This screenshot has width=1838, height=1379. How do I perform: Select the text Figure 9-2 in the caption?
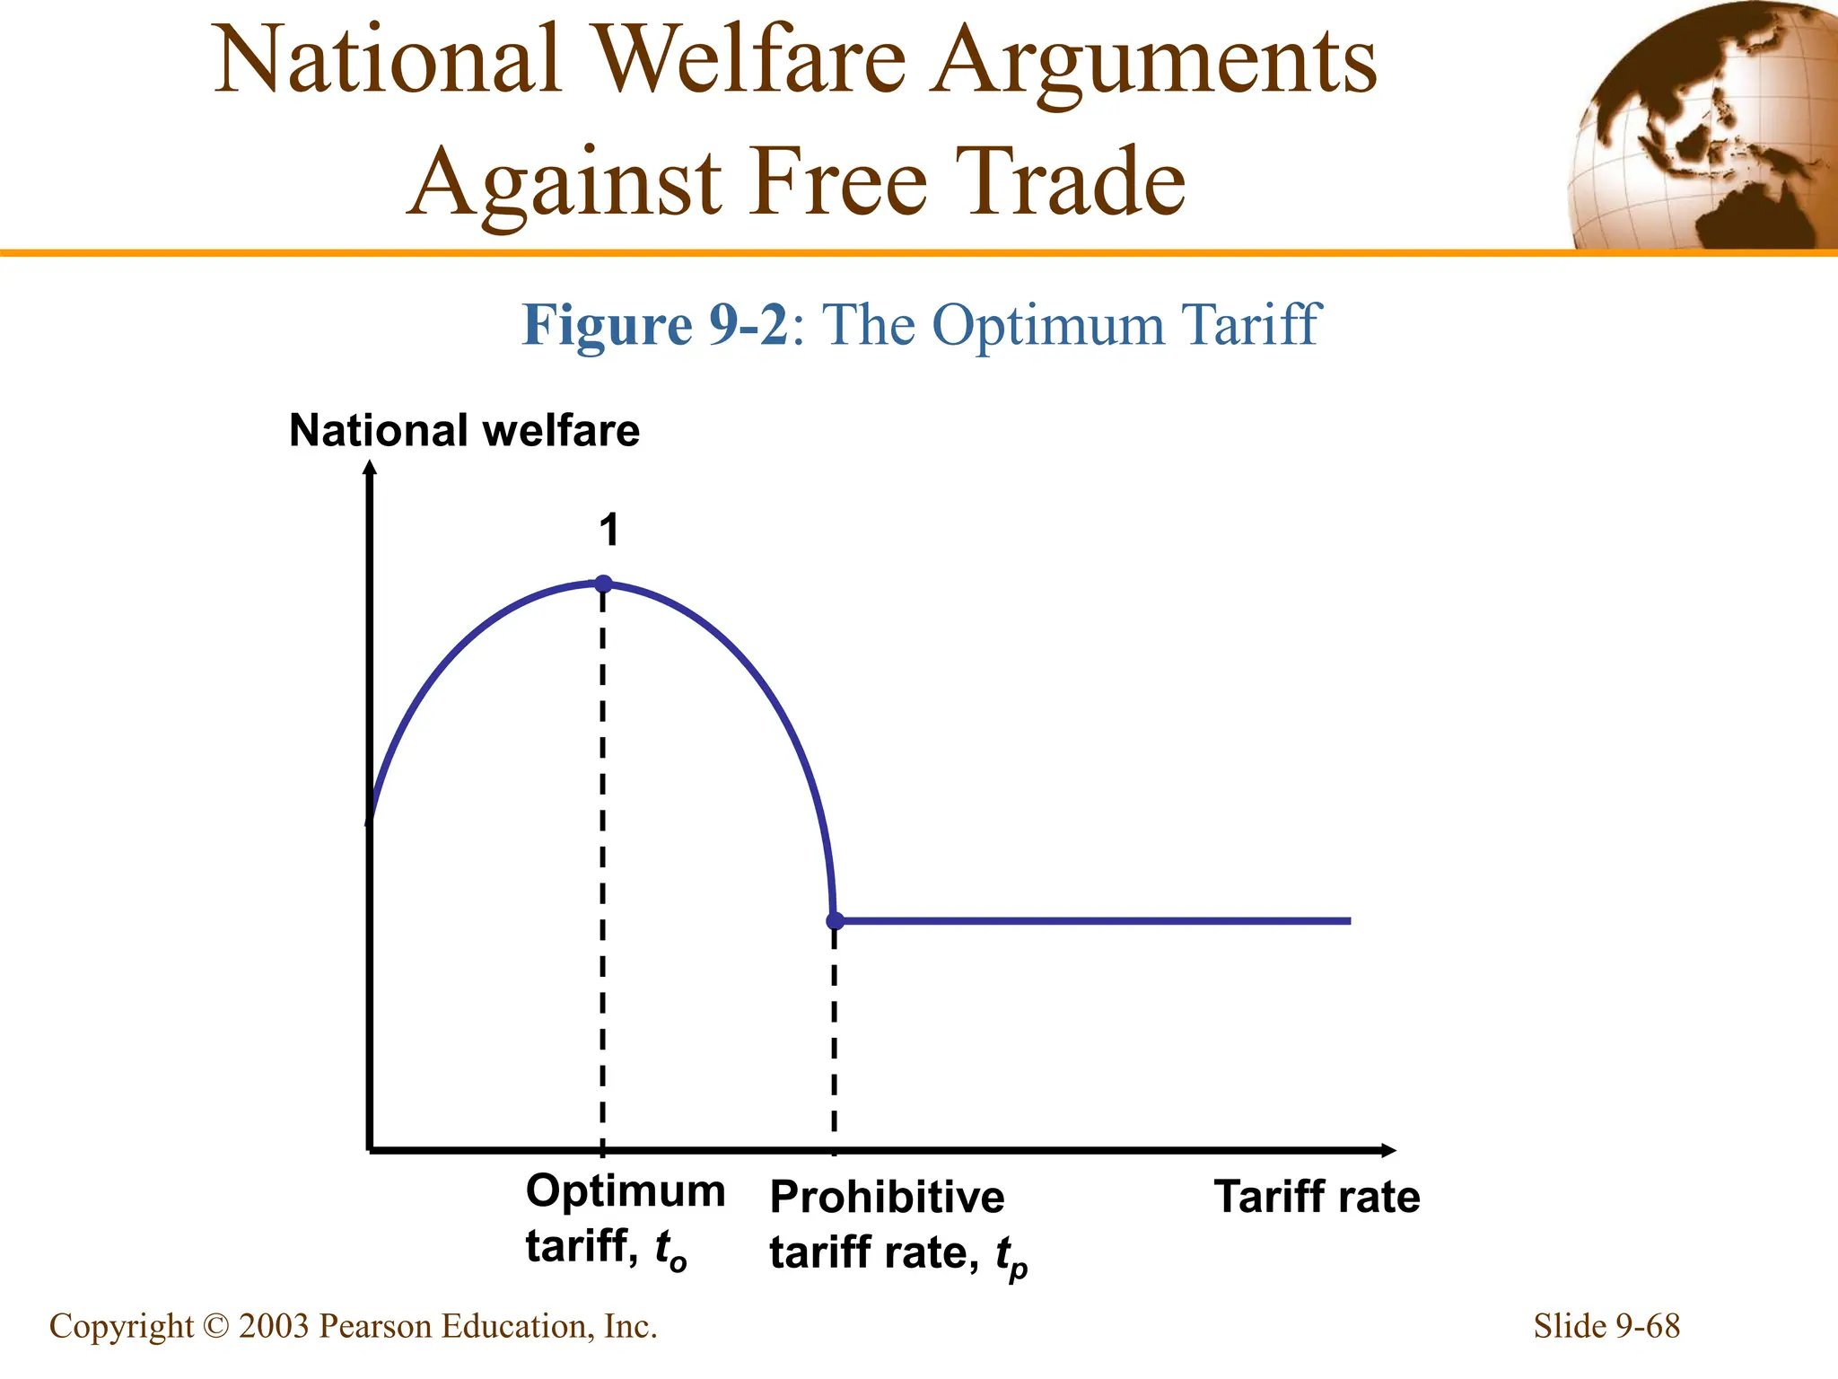click(x=654, y=325)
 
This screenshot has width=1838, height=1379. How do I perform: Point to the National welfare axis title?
click(x=464, y=431)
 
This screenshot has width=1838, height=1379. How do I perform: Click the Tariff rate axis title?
click(x=1317, y=1198)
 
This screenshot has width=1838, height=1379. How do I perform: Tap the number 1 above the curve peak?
click(x=609, y=530)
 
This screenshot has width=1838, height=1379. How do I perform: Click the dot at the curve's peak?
click(x=604, y=584)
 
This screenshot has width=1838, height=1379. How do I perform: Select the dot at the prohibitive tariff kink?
click(x=835, y=920)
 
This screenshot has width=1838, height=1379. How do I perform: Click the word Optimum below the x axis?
click(x=626, y=1192)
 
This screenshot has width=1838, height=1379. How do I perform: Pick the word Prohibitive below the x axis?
click(x=887, y=1198)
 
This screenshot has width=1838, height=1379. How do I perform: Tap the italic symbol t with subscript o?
click(x=670, y=1250)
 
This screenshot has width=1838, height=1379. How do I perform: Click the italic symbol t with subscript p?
click(x=1011, y=1255)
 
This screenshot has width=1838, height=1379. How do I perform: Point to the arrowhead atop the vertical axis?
click(x=370, y=467)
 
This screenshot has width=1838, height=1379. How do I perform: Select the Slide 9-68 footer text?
click(x=1606, y=1326)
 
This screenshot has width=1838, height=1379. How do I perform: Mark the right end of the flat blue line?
click(x=1348, y=920)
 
